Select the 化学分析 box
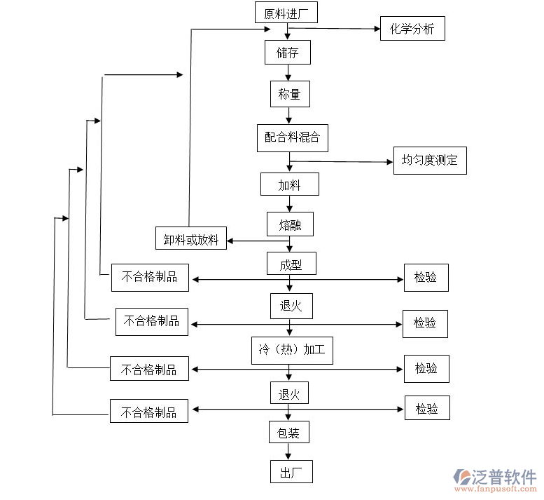[x=412, y=29]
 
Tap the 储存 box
[x=287, y=53]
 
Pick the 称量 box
[x=289, y=94]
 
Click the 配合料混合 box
[x=292, y=137]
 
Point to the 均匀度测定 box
[x=429, y=161]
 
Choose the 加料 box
[x=289, y=185]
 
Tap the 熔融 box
[x=290, y=224]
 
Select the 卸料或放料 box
[x=191, y=240]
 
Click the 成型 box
[x=291, y=264]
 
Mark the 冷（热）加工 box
[x=292, y=350]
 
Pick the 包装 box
[x=289, y=432]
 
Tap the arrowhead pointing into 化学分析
[x=375, y=29]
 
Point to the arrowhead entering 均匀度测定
[x=389, y=162]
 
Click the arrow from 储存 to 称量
[x=288, y=73]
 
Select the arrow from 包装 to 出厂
[x=288, y=452]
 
